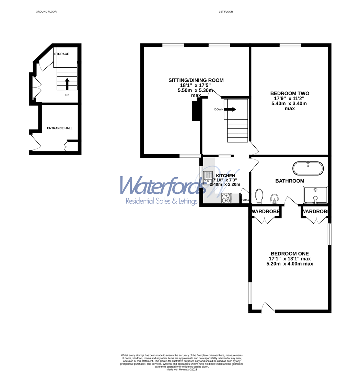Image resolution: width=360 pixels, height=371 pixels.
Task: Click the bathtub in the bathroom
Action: (308, 168)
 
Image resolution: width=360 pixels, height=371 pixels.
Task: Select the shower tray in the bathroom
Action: (315, 195)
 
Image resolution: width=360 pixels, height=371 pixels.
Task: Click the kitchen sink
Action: (208, 178)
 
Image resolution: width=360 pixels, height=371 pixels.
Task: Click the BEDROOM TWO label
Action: (290, 93)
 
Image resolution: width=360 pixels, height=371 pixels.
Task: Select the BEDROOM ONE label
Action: (289, 254)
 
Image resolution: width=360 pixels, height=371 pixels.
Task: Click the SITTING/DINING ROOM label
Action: (196, 80)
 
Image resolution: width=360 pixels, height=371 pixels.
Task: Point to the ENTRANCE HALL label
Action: (60, 128)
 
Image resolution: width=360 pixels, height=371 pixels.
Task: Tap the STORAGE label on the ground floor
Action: (61, 54)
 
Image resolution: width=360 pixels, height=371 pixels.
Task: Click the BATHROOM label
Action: (290, 181)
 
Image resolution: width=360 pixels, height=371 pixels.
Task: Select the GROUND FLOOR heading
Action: (46, 12)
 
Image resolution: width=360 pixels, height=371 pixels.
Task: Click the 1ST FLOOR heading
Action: (226, 12)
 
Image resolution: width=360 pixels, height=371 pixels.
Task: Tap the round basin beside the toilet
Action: (274, 198)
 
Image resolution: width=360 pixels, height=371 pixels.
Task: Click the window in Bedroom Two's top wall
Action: (290, 45)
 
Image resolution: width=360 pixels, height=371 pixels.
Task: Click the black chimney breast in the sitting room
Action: (196, 111)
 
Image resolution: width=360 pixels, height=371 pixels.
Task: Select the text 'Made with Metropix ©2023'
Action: (182, 369)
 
